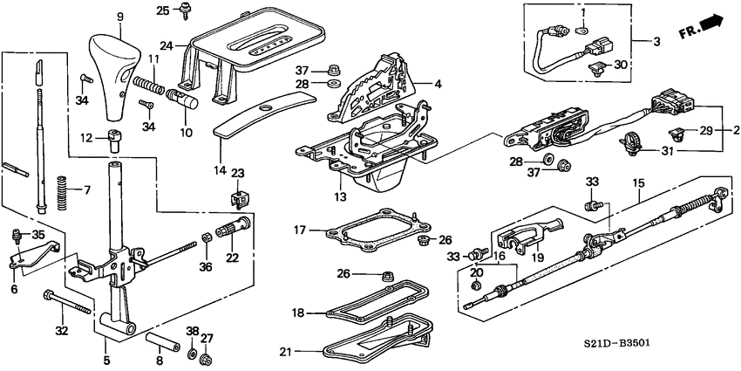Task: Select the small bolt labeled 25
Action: pyautogui.click(x=187, y=11)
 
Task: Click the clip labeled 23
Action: pyautogui.click(x=236, y=196)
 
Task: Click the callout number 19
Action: pyautogui.click(x=513, y=258)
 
